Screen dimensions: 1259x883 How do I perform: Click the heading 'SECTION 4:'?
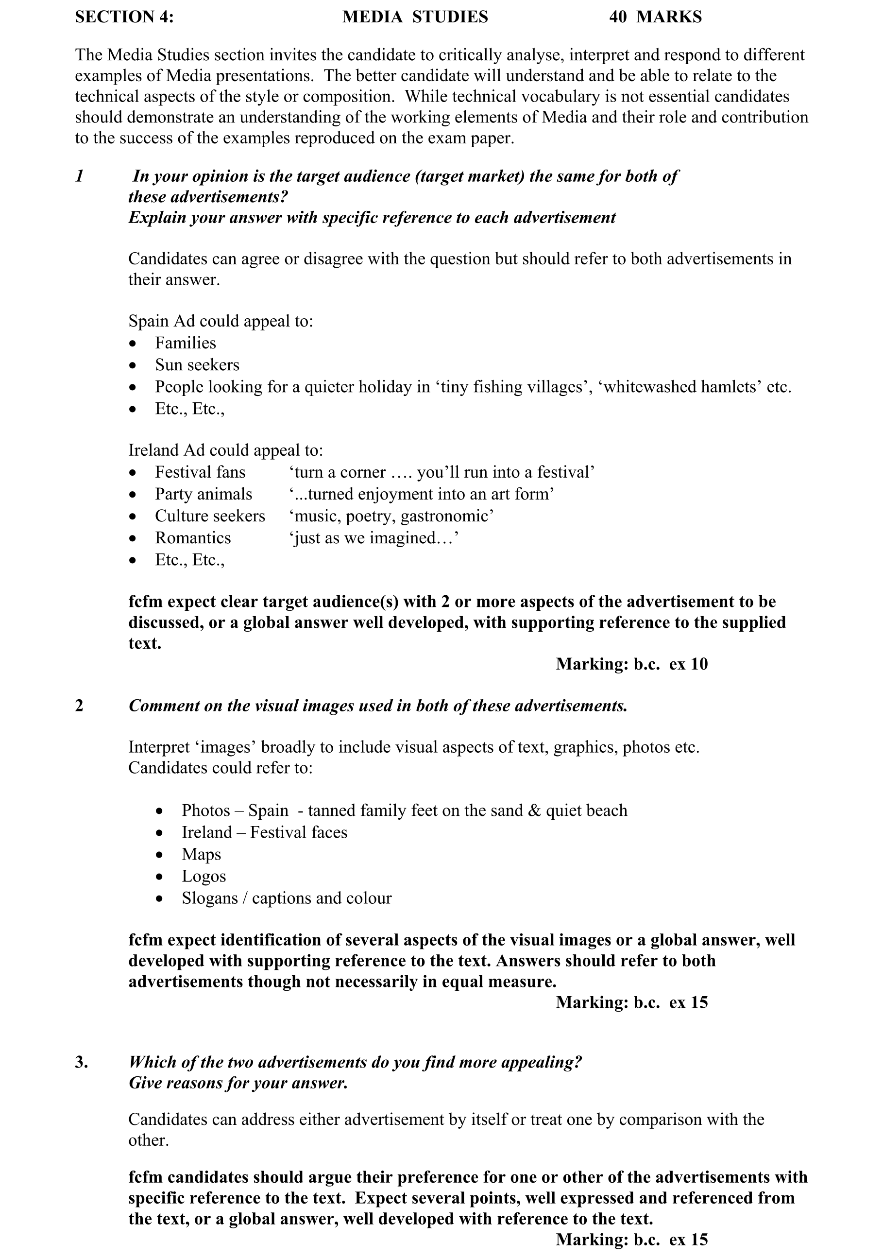coord(124,17)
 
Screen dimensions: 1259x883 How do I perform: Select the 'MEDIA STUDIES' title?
coord(415,17)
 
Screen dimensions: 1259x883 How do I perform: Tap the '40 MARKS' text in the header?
coord(655,17)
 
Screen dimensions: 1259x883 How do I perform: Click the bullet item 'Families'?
coord(185,343)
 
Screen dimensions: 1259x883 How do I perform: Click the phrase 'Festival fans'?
coord(200,472)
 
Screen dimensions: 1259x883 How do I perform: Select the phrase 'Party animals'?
coord(204,494)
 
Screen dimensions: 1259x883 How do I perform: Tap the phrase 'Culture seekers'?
coord(210,516)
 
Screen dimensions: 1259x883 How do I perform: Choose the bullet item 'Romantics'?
coord(193,538)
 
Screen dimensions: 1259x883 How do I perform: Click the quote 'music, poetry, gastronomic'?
coord(391,516)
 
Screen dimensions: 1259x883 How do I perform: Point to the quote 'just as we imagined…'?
coord(374,538)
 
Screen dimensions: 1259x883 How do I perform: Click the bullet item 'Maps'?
coord(201,854)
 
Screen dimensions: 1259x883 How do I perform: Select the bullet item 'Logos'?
coord(204,876)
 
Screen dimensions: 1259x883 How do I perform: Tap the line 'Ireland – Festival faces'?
coord(264,832)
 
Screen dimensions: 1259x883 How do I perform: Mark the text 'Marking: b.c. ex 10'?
coord(631,664)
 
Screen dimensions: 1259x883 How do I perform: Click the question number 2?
coord(80,706)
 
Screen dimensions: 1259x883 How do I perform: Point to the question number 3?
coord(81,1062)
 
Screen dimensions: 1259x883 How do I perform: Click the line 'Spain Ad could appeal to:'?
coord(221,321)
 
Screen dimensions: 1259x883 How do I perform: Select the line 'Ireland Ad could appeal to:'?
coord(225,450)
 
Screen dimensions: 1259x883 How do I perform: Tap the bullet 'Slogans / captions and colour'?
coord(286,898)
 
